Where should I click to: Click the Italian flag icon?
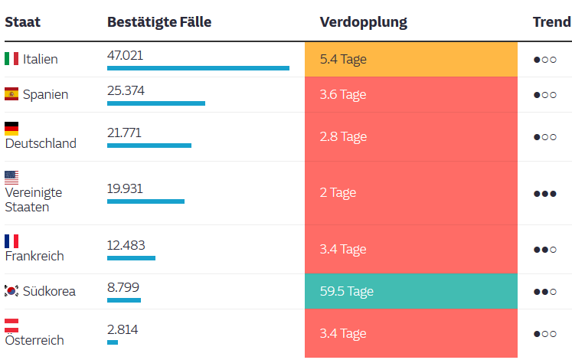point(11,59)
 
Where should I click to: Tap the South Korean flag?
point(11,291)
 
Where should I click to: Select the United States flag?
point(11,177)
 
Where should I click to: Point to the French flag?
point(11,241)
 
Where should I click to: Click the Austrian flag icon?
point(11,325)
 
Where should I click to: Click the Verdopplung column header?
point(364,21)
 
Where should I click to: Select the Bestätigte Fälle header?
point(159,21)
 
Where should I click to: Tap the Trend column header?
point(551,21)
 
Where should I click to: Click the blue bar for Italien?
point(198,68)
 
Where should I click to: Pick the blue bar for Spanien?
point(156,103)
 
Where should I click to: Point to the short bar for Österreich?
point(113,342)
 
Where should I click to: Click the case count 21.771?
point(124,133)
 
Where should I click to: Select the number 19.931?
point(125,188)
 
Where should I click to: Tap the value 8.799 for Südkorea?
point(123,287)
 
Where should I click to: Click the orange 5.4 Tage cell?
point(410,59)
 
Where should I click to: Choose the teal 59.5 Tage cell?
point(410,292)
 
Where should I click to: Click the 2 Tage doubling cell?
point(410,193)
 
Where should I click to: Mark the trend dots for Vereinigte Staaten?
point(545,194)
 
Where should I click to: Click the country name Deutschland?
point(41,143)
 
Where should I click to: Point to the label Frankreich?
point(34,256)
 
